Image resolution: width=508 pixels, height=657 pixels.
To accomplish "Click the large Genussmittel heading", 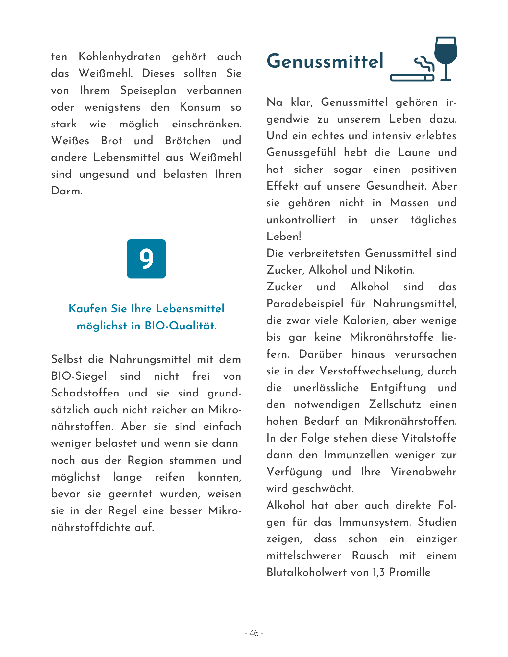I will coord(325,61).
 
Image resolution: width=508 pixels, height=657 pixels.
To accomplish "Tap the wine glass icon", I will coord(446,56).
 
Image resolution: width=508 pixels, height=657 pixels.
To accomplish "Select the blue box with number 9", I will coord(146,259).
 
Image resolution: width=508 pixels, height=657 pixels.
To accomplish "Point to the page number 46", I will coord(254,633).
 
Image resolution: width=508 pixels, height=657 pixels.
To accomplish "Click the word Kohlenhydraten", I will coord(120,57).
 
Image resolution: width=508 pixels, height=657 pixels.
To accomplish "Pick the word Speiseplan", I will coord(148,90).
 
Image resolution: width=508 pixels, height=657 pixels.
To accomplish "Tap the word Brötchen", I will coord(188,141).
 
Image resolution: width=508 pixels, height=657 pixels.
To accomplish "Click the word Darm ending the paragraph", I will coord(66,191).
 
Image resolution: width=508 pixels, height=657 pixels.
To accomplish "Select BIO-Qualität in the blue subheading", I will coord(181,326).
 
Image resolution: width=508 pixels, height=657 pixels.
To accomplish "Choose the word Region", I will coord(145,460).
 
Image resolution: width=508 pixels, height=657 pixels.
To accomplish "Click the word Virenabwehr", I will coord(423,472).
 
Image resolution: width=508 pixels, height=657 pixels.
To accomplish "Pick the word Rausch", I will coord(370,555).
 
